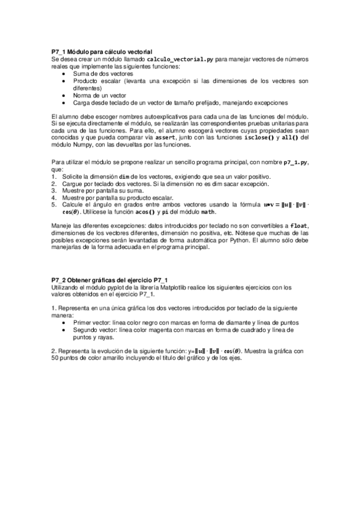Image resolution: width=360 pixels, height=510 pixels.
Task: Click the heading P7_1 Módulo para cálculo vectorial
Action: [102, 53]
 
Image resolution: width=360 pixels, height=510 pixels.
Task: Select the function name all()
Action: [291, 137]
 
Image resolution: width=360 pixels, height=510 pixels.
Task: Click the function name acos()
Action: [142, 212]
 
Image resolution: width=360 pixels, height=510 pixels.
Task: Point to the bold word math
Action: [207, 212]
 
